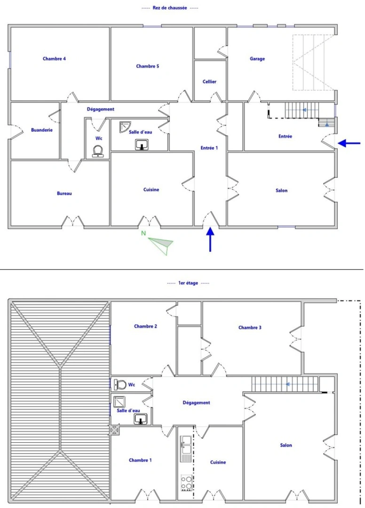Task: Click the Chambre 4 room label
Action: click(x=54, y=59)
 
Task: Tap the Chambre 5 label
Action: click(x=147, y=66)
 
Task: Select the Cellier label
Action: click(x=209, y=81)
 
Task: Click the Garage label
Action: click(x=257, y=59)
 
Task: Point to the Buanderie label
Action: click(x=41, y=130)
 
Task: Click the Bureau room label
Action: click(x=64, y=193)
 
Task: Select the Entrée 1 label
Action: click(x=209, y=148)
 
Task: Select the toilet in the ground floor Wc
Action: click(x=98, y=151)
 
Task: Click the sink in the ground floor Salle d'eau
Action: click(x=142, y=145)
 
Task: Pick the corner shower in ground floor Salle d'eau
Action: click(x=125, y=127)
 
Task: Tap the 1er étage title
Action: click(x=188, y=283)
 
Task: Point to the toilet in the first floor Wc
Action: click(x=120, y=385)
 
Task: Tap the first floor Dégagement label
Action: click(x=196, y=403)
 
